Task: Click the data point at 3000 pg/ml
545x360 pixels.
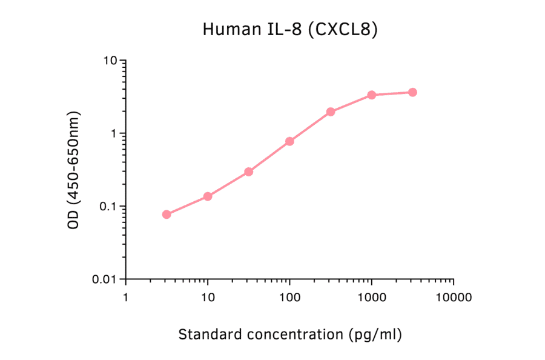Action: pos(412,92)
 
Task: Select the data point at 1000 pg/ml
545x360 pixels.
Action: pos(371,95)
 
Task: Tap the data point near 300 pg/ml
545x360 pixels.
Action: pos(331,112)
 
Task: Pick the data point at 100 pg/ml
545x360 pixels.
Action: pos(289,141)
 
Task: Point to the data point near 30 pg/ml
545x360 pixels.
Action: pos(248,172)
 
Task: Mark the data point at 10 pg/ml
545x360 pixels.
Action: pos(208,196)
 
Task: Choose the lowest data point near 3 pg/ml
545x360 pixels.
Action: pos(167,215)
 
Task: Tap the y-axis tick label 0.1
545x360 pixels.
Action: pos(107,206)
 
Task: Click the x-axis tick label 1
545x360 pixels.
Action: pos(125,298)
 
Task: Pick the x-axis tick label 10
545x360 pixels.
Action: pos(208,298)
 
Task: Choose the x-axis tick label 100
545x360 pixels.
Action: pos(289,298)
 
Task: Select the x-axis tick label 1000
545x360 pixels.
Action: pos(371,298)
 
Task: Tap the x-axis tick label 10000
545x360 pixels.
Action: pos(454,298)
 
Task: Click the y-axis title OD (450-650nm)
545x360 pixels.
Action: pos(74,170)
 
